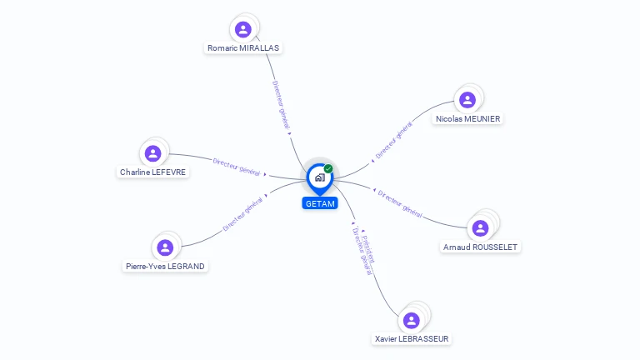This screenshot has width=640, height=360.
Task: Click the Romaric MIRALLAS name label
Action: coord(242,48)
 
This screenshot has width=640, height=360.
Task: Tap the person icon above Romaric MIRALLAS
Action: coord(243,30)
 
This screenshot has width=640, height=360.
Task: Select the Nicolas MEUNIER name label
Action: coord(467,119)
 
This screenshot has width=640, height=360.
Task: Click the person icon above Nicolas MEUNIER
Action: coord(467,100)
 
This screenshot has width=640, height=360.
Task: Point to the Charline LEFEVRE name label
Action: coord(153,172)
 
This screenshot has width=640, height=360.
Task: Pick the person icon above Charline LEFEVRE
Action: coord(152,153)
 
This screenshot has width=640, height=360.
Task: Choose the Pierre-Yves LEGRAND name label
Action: coord(165,267)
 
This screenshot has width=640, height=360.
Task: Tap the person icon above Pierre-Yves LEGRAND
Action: coord(165,247)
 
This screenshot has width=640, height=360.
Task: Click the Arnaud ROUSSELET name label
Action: coord(481,247)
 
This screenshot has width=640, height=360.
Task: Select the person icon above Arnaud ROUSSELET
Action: coord(480,227)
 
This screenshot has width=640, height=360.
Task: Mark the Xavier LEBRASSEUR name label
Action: coord(412,339)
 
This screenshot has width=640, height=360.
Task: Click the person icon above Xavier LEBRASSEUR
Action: coord(411,320)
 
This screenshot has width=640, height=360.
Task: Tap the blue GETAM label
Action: coord(320,203)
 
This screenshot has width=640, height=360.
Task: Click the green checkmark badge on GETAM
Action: coord(328,168)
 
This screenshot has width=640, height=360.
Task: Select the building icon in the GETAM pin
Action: coord(319,177)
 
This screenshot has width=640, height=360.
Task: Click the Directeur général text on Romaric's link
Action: coord(281,105)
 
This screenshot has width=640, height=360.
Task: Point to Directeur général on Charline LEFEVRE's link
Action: coord(237,167)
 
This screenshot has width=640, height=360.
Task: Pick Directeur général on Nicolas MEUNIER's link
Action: coord(393,141)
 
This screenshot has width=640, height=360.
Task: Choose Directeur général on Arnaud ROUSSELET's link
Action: coord(400,203)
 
